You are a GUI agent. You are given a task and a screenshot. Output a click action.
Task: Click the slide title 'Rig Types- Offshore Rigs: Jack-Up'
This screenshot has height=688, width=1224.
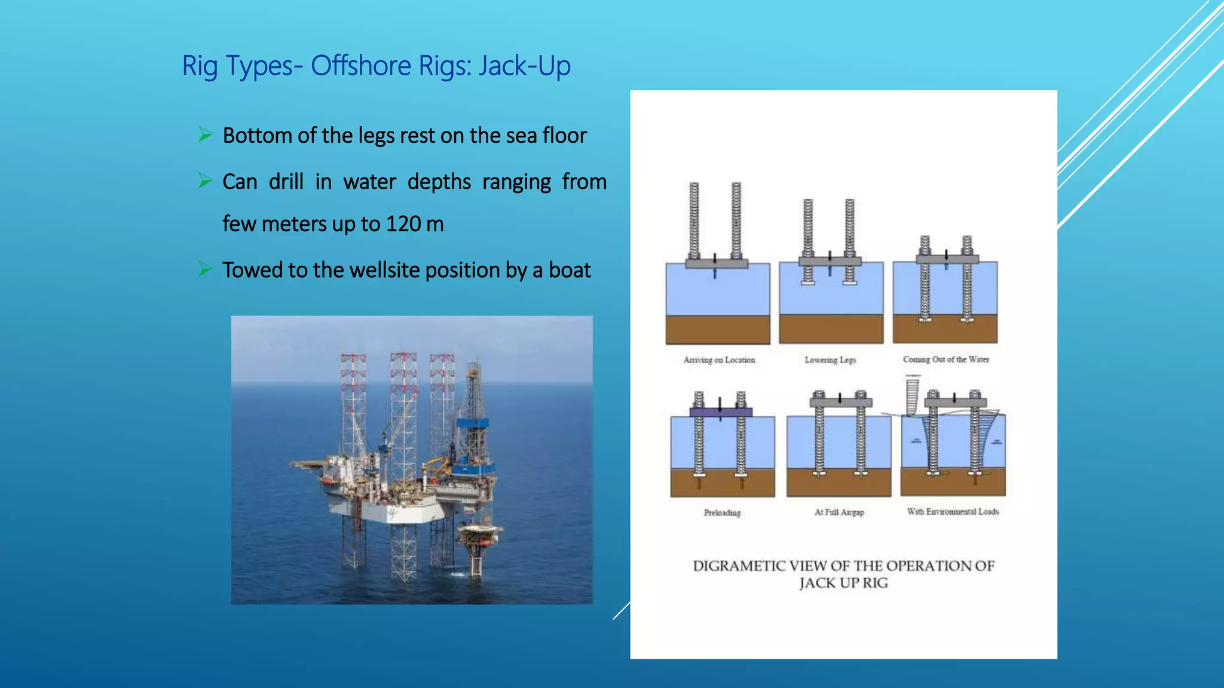376,66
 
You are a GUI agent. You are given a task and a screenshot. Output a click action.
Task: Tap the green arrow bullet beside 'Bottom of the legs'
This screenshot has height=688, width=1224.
205,135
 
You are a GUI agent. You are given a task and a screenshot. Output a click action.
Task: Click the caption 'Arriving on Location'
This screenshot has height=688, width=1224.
719,360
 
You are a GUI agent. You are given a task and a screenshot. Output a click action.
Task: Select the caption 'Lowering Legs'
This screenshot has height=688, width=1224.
830,360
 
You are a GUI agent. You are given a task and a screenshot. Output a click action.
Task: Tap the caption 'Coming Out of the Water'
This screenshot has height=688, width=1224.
945,360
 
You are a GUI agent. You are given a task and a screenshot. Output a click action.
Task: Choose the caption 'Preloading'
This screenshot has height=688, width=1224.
722,512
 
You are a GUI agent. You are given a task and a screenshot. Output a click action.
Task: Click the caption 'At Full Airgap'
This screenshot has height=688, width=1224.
839,512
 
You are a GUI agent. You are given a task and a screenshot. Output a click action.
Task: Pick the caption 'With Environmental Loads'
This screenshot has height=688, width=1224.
953,511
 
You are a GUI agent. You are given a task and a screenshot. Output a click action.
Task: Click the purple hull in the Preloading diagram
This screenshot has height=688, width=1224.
721,412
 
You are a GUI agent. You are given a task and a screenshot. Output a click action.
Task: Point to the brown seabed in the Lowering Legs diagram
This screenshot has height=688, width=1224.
831,328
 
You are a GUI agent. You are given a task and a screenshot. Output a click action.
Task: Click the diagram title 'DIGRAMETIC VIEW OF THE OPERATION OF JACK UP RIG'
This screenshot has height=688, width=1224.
843,574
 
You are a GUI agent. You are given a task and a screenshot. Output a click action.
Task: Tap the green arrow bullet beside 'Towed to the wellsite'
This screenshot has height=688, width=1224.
205,269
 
